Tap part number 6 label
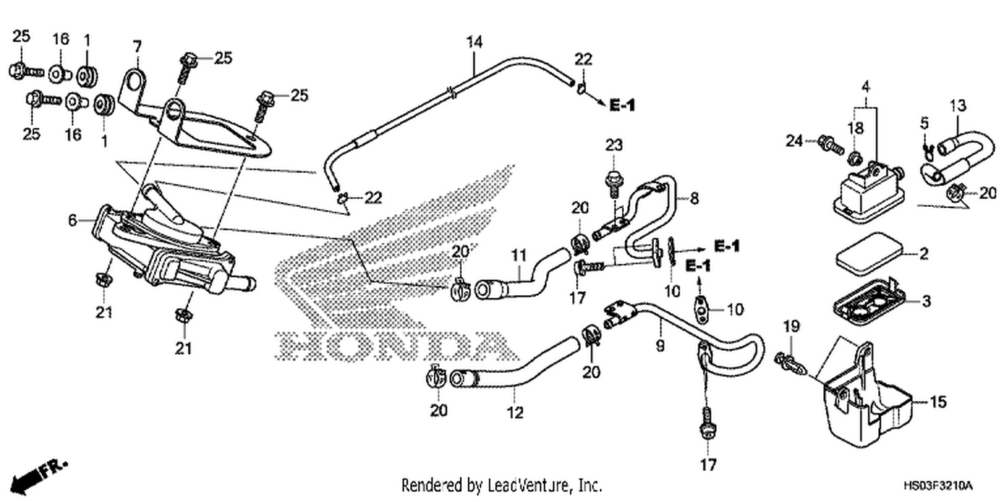(x=72, y=220)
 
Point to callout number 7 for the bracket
(x=137, y=47)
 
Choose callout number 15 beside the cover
(x=938, y=402)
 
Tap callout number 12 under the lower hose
(x=515, y=412)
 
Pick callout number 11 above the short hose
(x=519, y=255)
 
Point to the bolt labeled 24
(x=831, y=145)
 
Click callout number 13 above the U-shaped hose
(x=957, y=106)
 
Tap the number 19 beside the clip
(x=791, y=326)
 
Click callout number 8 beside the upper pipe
(x=694, y=197)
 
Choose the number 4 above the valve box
(x=865, y=86)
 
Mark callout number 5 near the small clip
(x=924, y=122)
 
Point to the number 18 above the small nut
(x=855, y=129)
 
